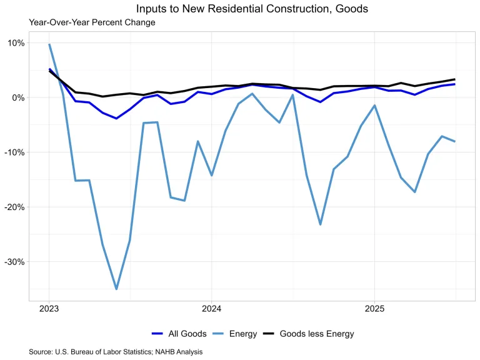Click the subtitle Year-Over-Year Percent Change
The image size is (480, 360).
pos(92,22)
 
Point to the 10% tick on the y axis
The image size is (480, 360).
pos(16,43)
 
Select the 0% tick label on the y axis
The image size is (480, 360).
pos(18,97)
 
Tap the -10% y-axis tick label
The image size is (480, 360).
pos(15,152)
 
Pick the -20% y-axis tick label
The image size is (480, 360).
pos(15,207)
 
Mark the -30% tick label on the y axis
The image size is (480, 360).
pos(15,261)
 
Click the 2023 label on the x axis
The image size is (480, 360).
pos(49,309)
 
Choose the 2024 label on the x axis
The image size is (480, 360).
pos(211,309)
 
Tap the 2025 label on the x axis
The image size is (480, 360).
pos(374,309)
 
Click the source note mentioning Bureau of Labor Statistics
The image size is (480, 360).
pos(116,352)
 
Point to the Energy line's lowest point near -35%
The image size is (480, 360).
pos(116,289)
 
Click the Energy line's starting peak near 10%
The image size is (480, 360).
pos(49,44)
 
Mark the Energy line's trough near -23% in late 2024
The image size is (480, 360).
pos(321,224)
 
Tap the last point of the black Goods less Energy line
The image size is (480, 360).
pos(454,79)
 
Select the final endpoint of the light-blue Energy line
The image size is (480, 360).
pos(454,141)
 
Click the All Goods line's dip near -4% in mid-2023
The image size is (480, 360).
pos(116,118)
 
